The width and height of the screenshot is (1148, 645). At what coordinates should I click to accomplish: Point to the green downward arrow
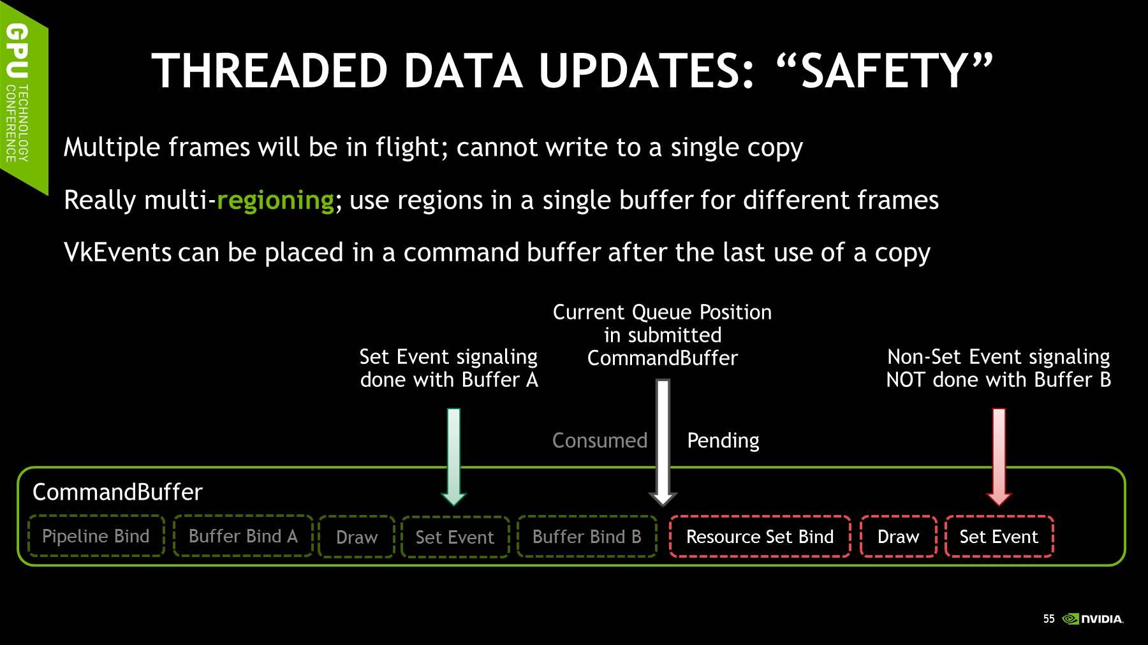point(453,457)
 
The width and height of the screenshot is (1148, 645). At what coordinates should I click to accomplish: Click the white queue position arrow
point(663,442)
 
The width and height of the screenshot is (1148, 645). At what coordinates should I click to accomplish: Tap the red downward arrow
point(999,457)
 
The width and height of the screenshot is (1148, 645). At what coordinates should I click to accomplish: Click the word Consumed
point(600,440)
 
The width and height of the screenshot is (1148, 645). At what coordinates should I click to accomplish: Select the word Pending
point(723,440)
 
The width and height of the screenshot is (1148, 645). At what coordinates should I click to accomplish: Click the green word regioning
point(276,201)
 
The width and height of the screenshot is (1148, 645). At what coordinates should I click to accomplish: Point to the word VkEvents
point(118,252)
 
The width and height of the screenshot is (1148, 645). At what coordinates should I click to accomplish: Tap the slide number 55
point(1049,619)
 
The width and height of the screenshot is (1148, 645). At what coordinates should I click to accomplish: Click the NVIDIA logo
point(1093,619)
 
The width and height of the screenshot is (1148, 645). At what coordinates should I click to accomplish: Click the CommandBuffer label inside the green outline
point(117,492)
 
